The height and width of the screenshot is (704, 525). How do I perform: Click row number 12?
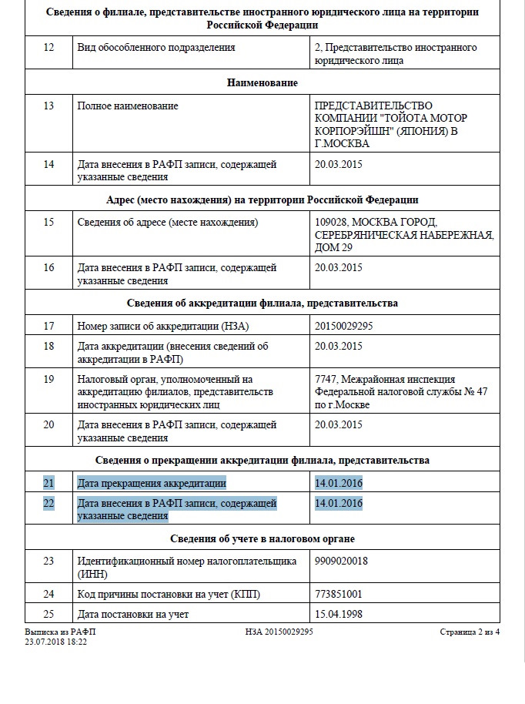click(49, 47)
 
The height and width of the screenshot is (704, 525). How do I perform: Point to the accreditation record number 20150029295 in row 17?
click(344, 326)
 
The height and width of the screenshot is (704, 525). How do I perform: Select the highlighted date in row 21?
click(339, 483)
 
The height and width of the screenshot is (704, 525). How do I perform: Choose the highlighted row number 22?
click(49, 503)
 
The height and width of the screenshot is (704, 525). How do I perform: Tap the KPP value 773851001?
click(339, 594)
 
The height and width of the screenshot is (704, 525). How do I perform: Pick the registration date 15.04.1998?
click(339, 614)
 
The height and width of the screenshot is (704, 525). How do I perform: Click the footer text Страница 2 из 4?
click(470, 632)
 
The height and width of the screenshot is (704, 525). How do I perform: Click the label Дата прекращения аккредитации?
click(152, 483)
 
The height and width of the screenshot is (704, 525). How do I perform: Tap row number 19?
click(49, 379)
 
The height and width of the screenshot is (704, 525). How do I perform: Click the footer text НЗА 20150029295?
click(279, 632)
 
